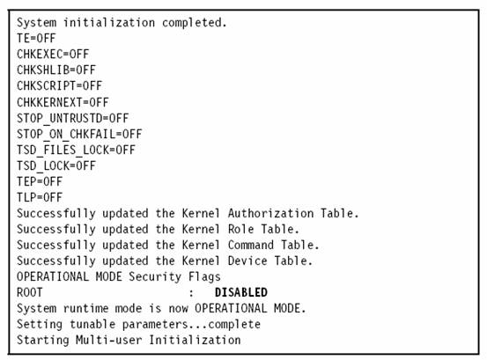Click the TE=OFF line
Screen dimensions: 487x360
36,38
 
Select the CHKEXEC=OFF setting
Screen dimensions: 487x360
53,54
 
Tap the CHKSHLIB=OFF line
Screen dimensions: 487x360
56,70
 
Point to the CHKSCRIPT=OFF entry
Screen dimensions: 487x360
59,85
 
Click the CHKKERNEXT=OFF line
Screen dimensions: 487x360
63,102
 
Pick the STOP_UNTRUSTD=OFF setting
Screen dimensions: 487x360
73,118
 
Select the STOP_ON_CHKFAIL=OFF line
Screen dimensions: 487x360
79,134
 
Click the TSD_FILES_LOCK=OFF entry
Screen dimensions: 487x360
76,150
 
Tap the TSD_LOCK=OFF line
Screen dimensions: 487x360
56,165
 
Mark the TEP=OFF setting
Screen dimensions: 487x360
40,181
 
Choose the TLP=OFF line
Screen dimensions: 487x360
40,197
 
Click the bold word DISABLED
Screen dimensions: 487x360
241,292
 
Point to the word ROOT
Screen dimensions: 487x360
30,292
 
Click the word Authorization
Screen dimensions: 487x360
271,213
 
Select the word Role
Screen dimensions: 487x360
241,229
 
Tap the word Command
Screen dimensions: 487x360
251,245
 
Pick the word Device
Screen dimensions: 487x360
247,261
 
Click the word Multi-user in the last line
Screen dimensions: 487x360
108,340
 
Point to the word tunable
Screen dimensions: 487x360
92,324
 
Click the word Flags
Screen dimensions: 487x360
204,277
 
